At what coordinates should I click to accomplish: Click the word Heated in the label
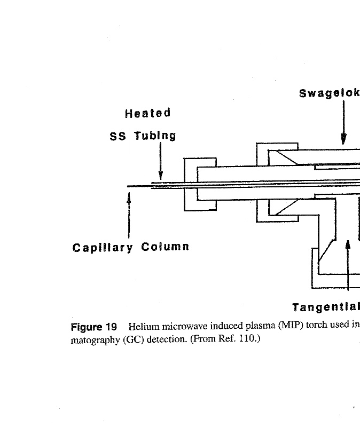148,113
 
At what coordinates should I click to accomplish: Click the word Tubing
155,136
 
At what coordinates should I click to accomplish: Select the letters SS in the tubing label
118,136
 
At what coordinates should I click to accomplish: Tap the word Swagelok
329,93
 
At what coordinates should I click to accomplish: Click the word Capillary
103,248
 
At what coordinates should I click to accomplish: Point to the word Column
165,247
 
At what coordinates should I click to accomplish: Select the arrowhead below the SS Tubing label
161,176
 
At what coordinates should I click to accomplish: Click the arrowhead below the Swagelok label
344,139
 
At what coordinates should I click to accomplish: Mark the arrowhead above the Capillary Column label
129,197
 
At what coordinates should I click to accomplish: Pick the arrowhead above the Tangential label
348,244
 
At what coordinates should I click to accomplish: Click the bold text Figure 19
94,327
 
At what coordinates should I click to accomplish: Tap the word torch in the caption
314,325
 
